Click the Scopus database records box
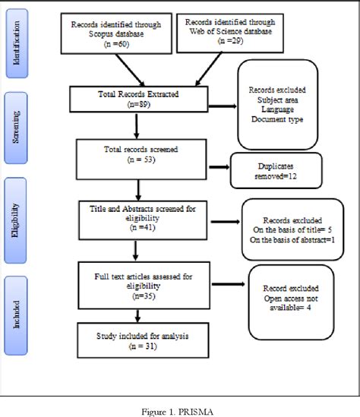coord(115,33)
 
